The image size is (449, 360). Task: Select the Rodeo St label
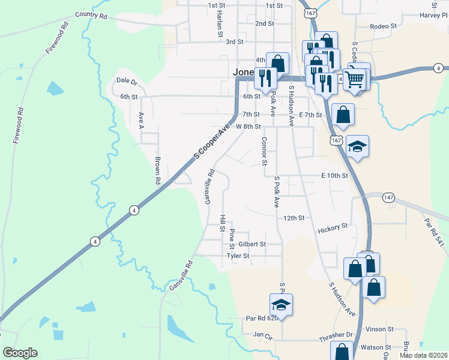coord(384,26)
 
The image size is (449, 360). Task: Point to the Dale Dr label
coord(127,80)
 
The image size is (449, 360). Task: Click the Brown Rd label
coord(157,170)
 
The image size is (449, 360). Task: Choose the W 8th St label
coord(249,127)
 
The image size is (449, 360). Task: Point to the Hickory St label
coord(333,227)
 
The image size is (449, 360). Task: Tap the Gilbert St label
coord(252,244)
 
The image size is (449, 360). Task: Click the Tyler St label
coord(238,256)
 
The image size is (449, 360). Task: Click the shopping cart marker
coord(355,78)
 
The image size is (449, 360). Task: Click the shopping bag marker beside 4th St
coord(278,63)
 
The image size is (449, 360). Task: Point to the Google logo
coord(20,353)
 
